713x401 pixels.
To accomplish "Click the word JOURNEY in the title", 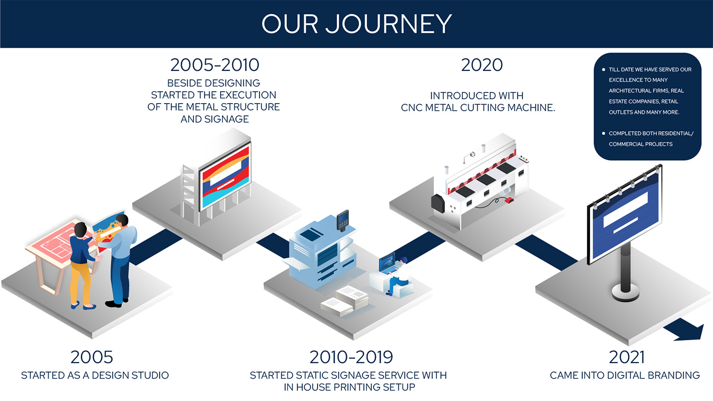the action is tap(388, 24).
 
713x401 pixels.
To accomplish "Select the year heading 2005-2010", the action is tap(215, 65).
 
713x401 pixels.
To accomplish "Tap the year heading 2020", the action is tap(482, 65).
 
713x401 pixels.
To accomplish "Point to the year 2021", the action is tap(626, 357).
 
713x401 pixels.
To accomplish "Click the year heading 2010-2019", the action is tap(351, 357).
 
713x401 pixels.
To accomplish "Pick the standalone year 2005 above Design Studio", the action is tap(92, 357).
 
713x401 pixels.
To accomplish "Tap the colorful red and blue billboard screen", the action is tap(226, 178).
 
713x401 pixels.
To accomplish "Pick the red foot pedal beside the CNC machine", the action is tap(509, 200).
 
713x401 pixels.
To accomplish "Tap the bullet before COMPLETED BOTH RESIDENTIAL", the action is tap(603, 134).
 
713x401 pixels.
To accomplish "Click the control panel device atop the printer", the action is tap(343, 220).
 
